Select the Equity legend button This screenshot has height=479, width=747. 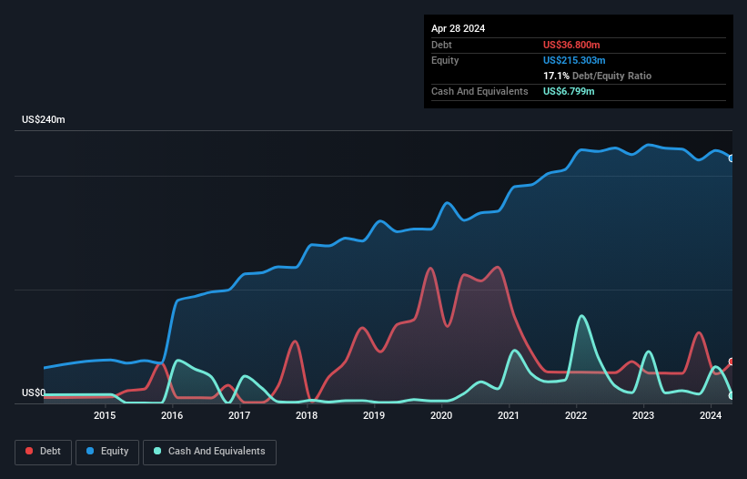107,452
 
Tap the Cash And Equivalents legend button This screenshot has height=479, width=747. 209,452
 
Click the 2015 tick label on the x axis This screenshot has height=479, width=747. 105,416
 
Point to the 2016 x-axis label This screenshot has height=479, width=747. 172,416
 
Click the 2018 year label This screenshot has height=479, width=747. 307,416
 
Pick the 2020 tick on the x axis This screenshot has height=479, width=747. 441,416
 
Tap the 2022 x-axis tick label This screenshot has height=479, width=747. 575,416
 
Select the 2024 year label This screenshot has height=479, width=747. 710,416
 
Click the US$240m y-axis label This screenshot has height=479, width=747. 45,120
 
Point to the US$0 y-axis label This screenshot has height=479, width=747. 33,393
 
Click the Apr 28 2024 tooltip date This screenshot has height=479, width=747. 458,28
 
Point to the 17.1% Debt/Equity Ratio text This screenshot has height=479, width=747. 597,76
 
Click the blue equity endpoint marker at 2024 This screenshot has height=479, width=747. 732,158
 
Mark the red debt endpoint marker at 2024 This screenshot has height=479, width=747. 732,362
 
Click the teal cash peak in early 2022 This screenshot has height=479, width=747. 581,317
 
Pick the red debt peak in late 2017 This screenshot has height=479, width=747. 295,342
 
